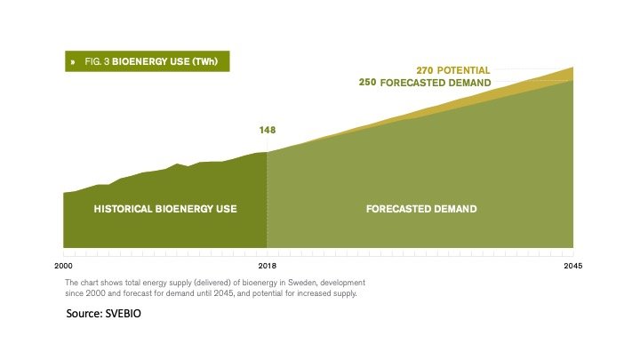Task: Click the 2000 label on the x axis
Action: [x=63, y=266]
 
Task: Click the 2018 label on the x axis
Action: [x=268, y=266]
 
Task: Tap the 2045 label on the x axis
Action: [x=573, y=266]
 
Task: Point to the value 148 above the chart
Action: [x=268, y=130]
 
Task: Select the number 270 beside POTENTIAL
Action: [x=425, y=70]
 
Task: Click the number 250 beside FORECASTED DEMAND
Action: [x=367, y=83]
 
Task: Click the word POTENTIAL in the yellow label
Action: [x=463, y=70]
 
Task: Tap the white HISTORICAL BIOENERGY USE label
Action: [x=165, y=209]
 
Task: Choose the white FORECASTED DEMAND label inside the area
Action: [x=421, y=209]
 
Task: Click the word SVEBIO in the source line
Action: [x=123, y=314]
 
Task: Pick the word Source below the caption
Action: [x=84, y=314]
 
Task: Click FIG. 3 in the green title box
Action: [x=97, y=61]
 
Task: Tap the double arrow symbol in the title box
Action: [x=73, y=62]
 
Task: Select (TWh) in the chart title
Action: [x=205, y=61]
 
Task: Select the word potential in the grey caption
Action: [x=266, y=293]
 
